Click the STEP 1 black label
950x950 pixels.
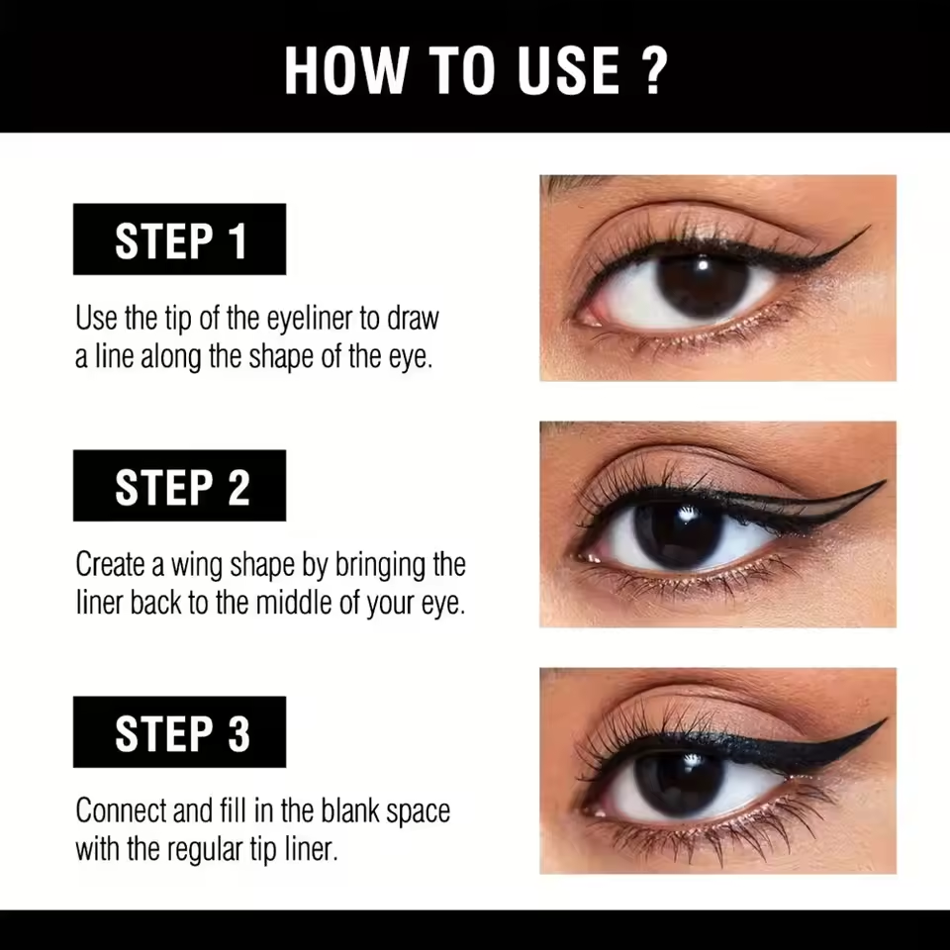tap(179, 239)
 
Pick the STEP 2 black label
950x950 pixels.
tap(179, 486)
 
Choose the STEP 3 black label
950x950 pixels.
tap(179, 732)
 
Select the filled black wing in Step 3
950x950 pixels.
tap(821, 747)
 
